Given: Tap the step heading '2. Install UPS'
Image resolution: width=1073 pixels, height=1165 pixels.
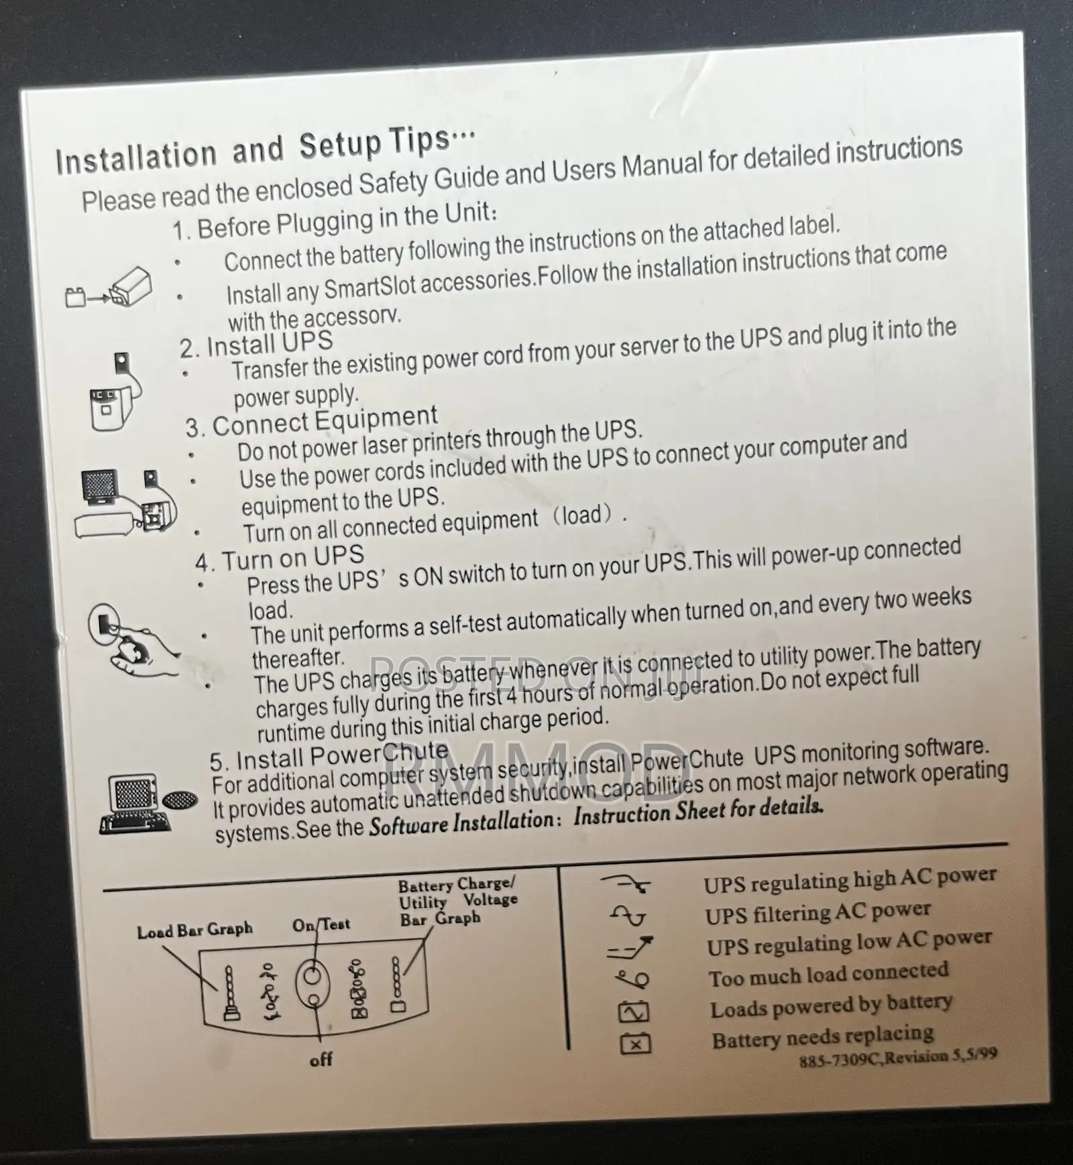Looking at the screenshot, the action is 256,345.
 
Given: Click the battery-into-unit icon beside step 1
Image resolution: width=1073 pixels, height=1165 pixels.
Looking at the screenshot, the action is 109,288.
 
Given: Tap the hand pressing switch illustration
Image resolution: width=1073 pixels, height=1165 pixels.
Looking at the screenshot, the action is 133,640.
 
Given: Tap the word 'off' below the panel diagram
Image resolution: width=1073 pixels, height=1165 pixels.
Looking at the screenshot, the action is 321,1060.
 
